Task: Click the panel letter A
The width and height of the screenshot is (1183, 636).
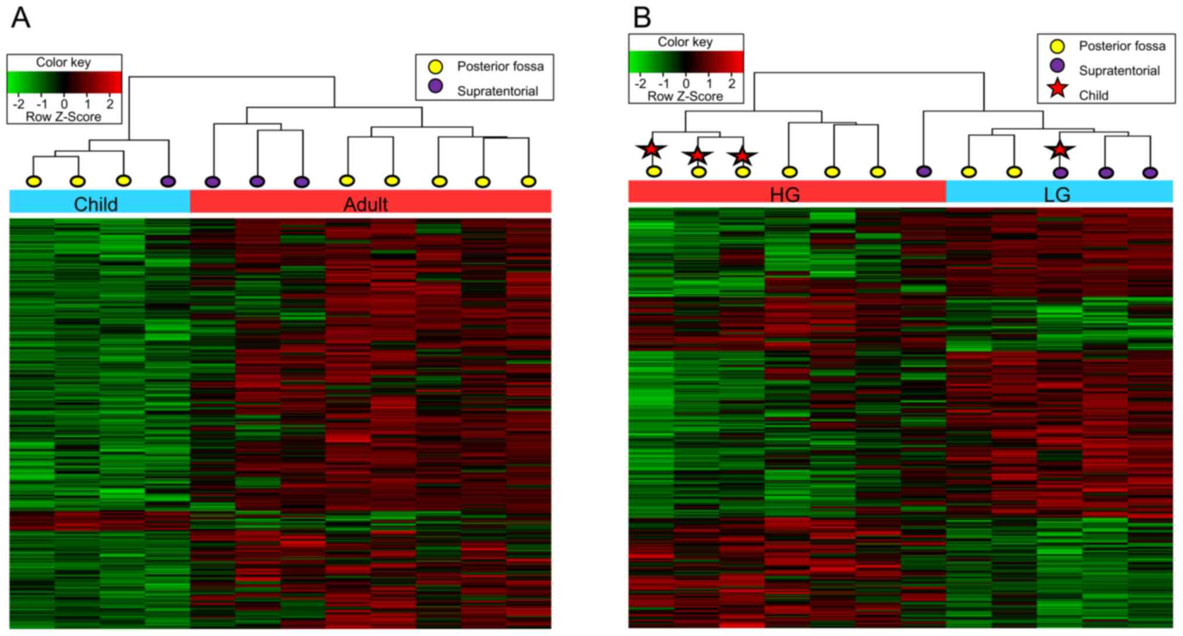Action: coord(20,17)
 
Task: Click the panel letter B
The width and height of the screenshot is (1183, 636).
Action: coord(642,17)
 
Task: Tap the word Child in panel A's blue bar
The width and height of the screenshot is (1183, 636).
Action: coord(96,204)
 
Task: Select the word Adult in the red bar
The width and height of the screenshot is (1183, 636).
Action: coord(365,204)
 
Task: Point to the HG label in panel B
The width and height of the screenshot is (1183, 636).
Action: coord(785,194)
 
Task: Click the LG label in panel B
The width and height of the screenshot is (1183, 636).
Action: coord(1057,194)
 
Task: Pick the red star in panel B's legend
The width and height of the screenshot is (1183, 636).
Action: coord(1057,89)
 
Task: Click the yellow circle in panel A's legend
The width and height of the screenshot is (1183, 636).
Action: coord(435,66)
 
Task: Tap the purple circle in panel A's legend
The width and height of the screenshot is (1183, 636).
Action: coord(435,87)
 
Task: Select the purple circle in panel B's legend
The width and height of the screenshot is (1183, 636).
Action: coord(1057,66)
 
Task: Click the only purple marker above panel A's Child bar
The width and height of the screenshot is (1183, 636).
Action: coord(168,181)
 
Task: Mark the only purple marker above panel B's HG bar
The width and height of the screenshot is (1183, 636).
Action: coord(924,171)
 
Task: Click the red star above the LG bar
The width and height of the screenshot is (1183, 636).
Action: coord(1060,150)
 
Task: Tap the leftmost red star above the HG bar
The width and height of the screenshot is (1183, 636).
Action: coord(651,149)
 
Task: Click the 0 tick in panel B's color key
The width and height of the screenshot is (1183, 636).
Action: coord(686,83)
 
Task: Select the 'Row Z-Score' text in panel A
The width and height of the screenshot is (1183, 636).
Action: coord(63,117)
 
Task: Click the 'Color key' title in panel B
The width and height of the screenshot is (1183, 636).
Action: coord(685,42)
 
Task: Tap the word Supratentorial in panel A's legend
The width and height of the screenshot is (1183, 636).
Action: coord(497,91)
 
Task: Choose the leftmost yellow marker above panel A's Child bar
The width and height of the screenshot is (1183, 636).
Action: coord(34,181)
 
